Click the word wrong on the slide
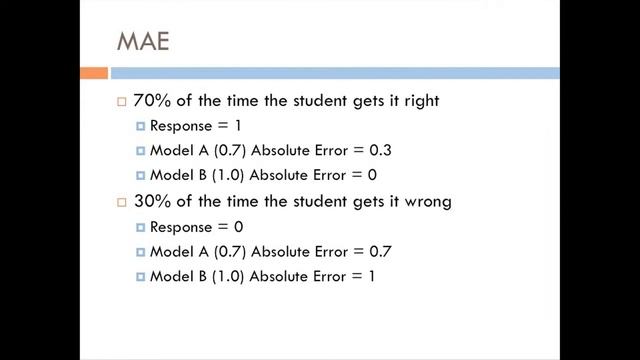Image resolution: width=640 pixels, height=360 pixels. [423, 201]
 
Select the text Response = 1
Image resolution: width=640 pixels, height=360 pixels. [195, 126]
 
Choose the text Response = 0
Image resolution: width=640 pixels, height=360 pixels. [195, 227]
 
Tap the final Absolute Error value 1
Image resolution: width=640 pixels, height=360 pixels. [371, 275]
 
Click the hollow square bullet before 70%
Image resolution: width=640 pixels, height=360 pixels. [122, 102]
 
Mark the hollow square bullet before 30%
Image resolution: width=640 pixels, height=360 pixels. [122, 202]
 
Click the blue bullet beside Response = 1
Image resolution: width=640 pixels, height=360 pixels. [141, 127]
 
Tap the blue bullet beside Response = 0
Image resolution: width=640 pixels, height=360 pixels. [141, 227]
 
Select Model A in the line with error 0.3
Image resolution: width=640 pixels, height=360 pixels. [175, 151]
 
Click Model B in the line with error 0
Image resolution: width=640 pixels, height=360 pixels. [175, 175]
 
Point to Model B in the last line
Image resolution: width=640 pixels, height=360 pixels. [175, 275]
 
